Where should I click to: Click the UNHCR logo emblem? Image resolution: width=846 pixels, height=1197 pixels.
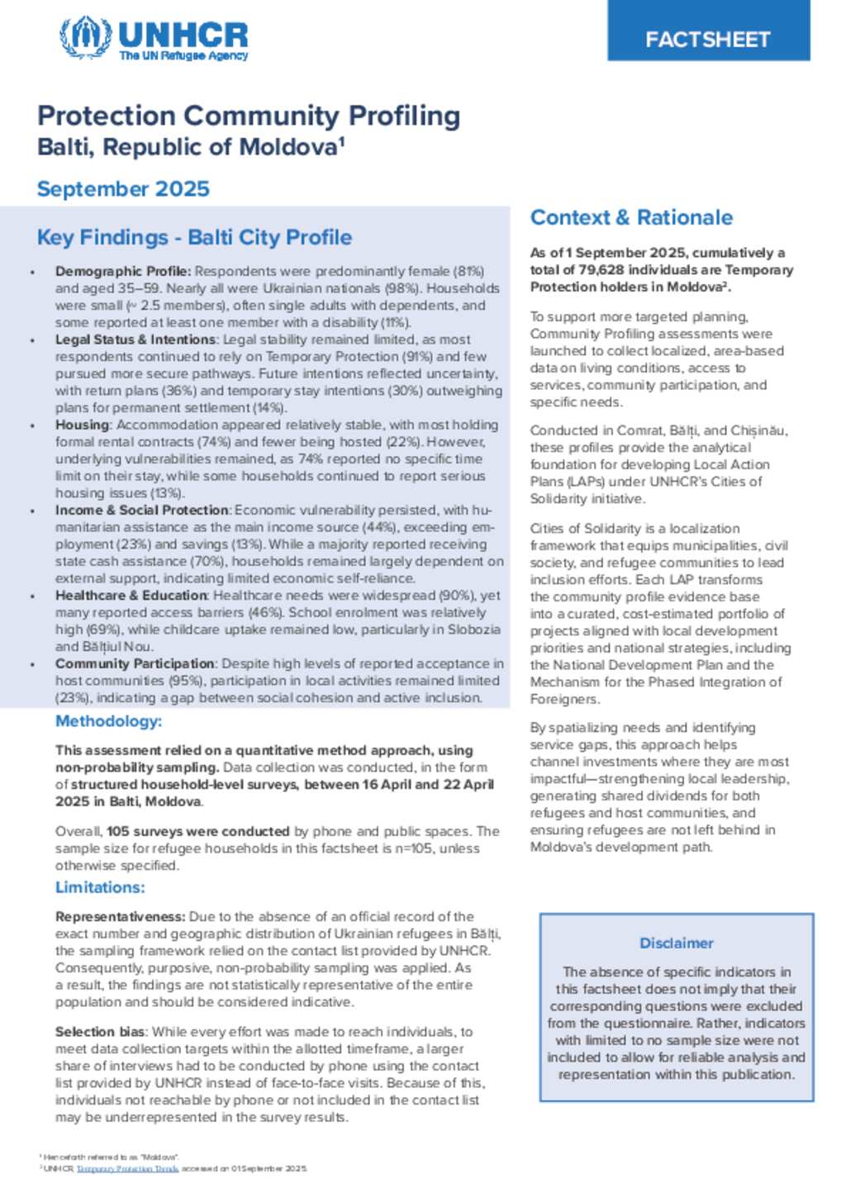(85, 37)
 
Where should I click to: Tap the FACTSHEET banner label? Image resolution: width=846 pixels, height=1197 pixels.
(708, 39)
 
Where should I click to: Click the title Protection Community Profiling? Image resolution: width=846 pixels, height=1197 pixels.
(249, 116)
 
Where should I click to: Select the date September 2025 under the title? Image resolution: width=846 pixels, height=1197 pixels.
(123, 189)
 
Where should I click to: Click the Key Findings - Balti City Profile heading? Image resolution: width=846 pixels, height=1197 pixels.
(194, 238)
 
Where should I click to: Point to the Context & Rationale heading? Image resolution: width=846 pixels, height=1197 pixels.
(631, 218)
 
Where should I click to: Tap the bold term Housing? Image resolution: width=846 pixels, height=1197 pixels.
(82, 425)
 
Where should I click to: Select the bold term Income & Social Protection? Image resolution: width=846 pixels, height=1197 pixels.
(141, 511)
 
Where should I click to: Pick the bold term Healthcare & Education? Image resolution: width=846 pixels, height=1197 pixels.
(131, 596)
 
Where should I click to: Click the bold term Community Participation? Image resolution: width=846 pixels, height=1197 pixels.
(135, 664)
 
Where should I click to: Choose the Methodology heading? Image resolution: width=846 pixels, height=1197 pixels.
(108, 722)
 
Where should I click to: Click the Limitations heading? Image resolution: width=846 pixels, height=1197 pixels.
(100, 888)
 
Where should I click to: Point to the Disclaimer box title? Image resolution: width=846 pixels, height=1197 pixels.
(676, 943)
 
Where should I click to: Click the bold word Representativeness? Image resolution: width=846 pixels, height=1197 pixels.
(120, 917)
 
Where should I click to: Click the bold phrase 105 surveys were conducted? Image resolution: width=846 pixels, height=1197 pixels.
(197, 832)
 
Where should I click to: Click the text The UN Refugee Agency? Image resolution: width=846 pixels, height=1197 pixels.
(183, 56)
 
